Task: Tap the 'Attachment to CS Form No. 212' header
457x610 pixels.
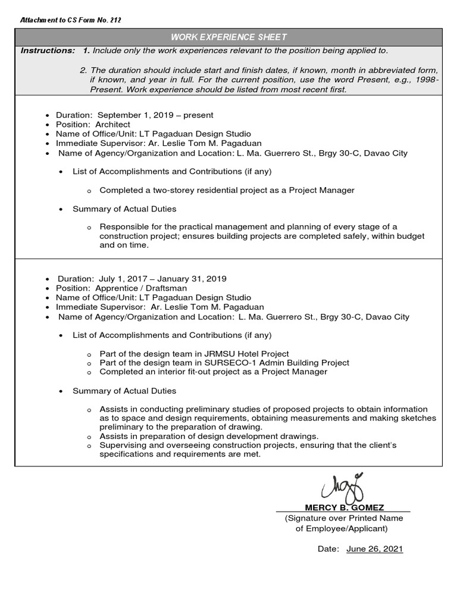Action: coord(71,20)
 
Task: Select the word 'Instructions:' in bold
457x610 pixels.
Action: coord(48,51)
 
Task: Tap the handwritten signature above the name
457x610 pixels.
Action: coord(343,488)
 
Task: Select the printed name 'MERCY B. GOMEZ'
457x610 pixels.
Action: coord(344,508)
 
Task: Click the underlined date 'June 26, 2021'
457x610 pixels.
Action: coord(374,549)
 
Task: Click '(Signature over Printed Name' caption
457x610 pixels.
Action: coord(343,518)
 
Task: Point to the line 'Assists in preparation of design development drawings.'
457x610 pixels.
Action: coord(209,436)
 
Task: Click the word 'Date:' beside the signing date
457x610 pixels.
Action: coord(328,549)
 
